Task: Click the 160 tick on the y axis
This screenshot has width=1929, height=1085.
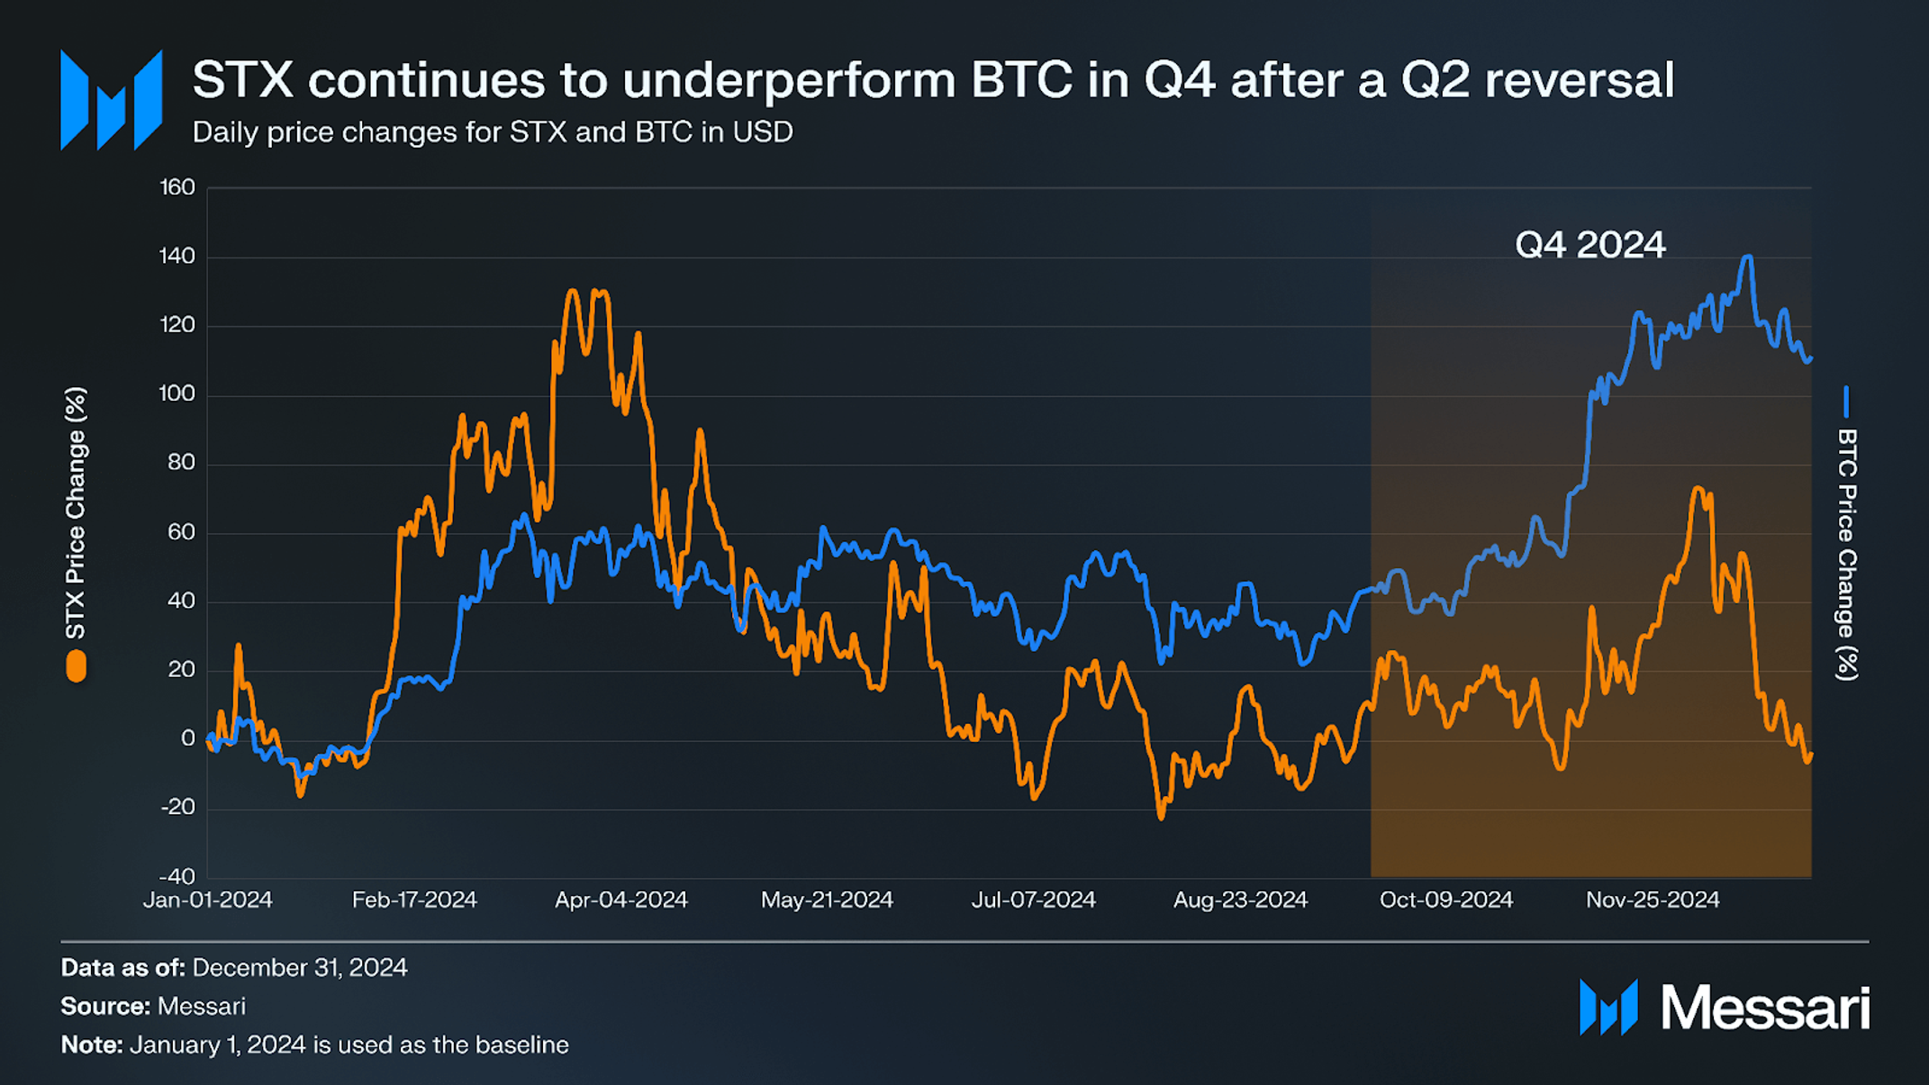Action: pyautogui.click(x=177, y=187)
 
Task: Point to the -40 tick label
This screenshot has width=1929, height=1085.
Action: pyautogui.click(x=177, y=876)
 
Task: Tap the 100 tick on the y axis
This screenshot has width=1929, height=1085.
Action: pyautogui.click(x=177, y=393)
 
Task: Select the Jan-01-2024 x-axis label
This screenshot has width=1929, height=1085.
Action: pyautogui.click(x=208, y=900)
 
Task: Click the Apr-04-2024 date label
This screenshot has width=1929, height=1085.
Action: pyautogui.click(x=620, y=900)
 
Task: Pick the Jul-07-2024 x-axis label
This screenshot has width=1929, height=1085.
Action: pyautogui.click(x=1033, y=900)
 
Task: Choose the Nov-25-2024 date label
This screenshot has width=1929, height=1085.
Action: pyautogui.click(x=1653, y=900)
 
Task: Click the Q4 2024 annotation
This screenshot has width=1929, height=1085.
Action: pyautogui.click(x=1589, y=245)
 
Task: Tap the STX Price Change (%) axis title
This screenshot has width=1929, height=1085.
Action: pyautogui.click(x=76, y=513)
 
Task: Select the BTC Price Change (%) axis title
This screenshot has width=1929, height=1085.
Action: pyautogui.click(x=1847, y=554)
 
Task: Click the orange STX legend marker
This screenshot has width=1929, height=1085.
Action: pyautogui.click(x=77, y=667)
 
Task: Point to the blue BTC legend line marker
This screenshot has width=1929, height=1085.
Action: pyautogui.click(x=1846, y=402)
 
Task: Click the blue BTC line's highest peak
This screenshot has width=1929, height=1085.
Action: pyautogui.click(x=1748, y=258)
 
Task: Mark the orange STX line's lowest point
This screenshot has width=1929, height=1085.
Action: pyautogui.click(x=1161, y=817)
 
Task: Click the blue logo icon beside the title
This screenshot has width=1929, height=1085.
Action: pyautogui.click(x=111, y=100)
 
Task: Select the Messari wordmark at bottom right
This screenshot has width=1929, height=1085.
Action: pyautogui.click(x=1764, y=1007)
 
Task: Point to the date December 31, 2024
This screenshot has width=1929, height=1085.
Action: pyautogui.click(x=299, y=967)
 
